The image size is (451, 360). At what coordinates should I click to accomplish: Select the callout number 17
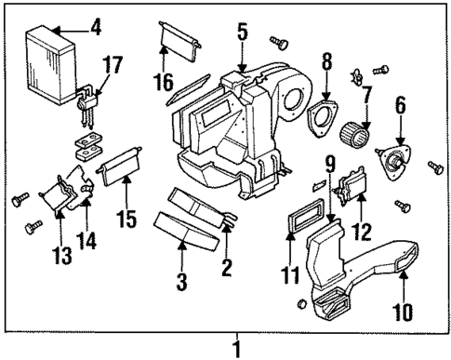tap(113, 64)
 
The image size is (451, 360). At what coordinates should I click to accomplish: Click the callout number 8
tap(326, 65)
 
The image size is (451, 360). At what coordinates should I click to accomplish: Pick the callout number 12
tap(363, 229)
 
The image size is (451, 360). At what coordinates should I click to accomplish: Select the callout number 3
tap(183, 280)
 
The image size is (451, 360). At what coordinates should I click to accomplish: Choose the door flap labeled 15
tap(119, 174)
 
